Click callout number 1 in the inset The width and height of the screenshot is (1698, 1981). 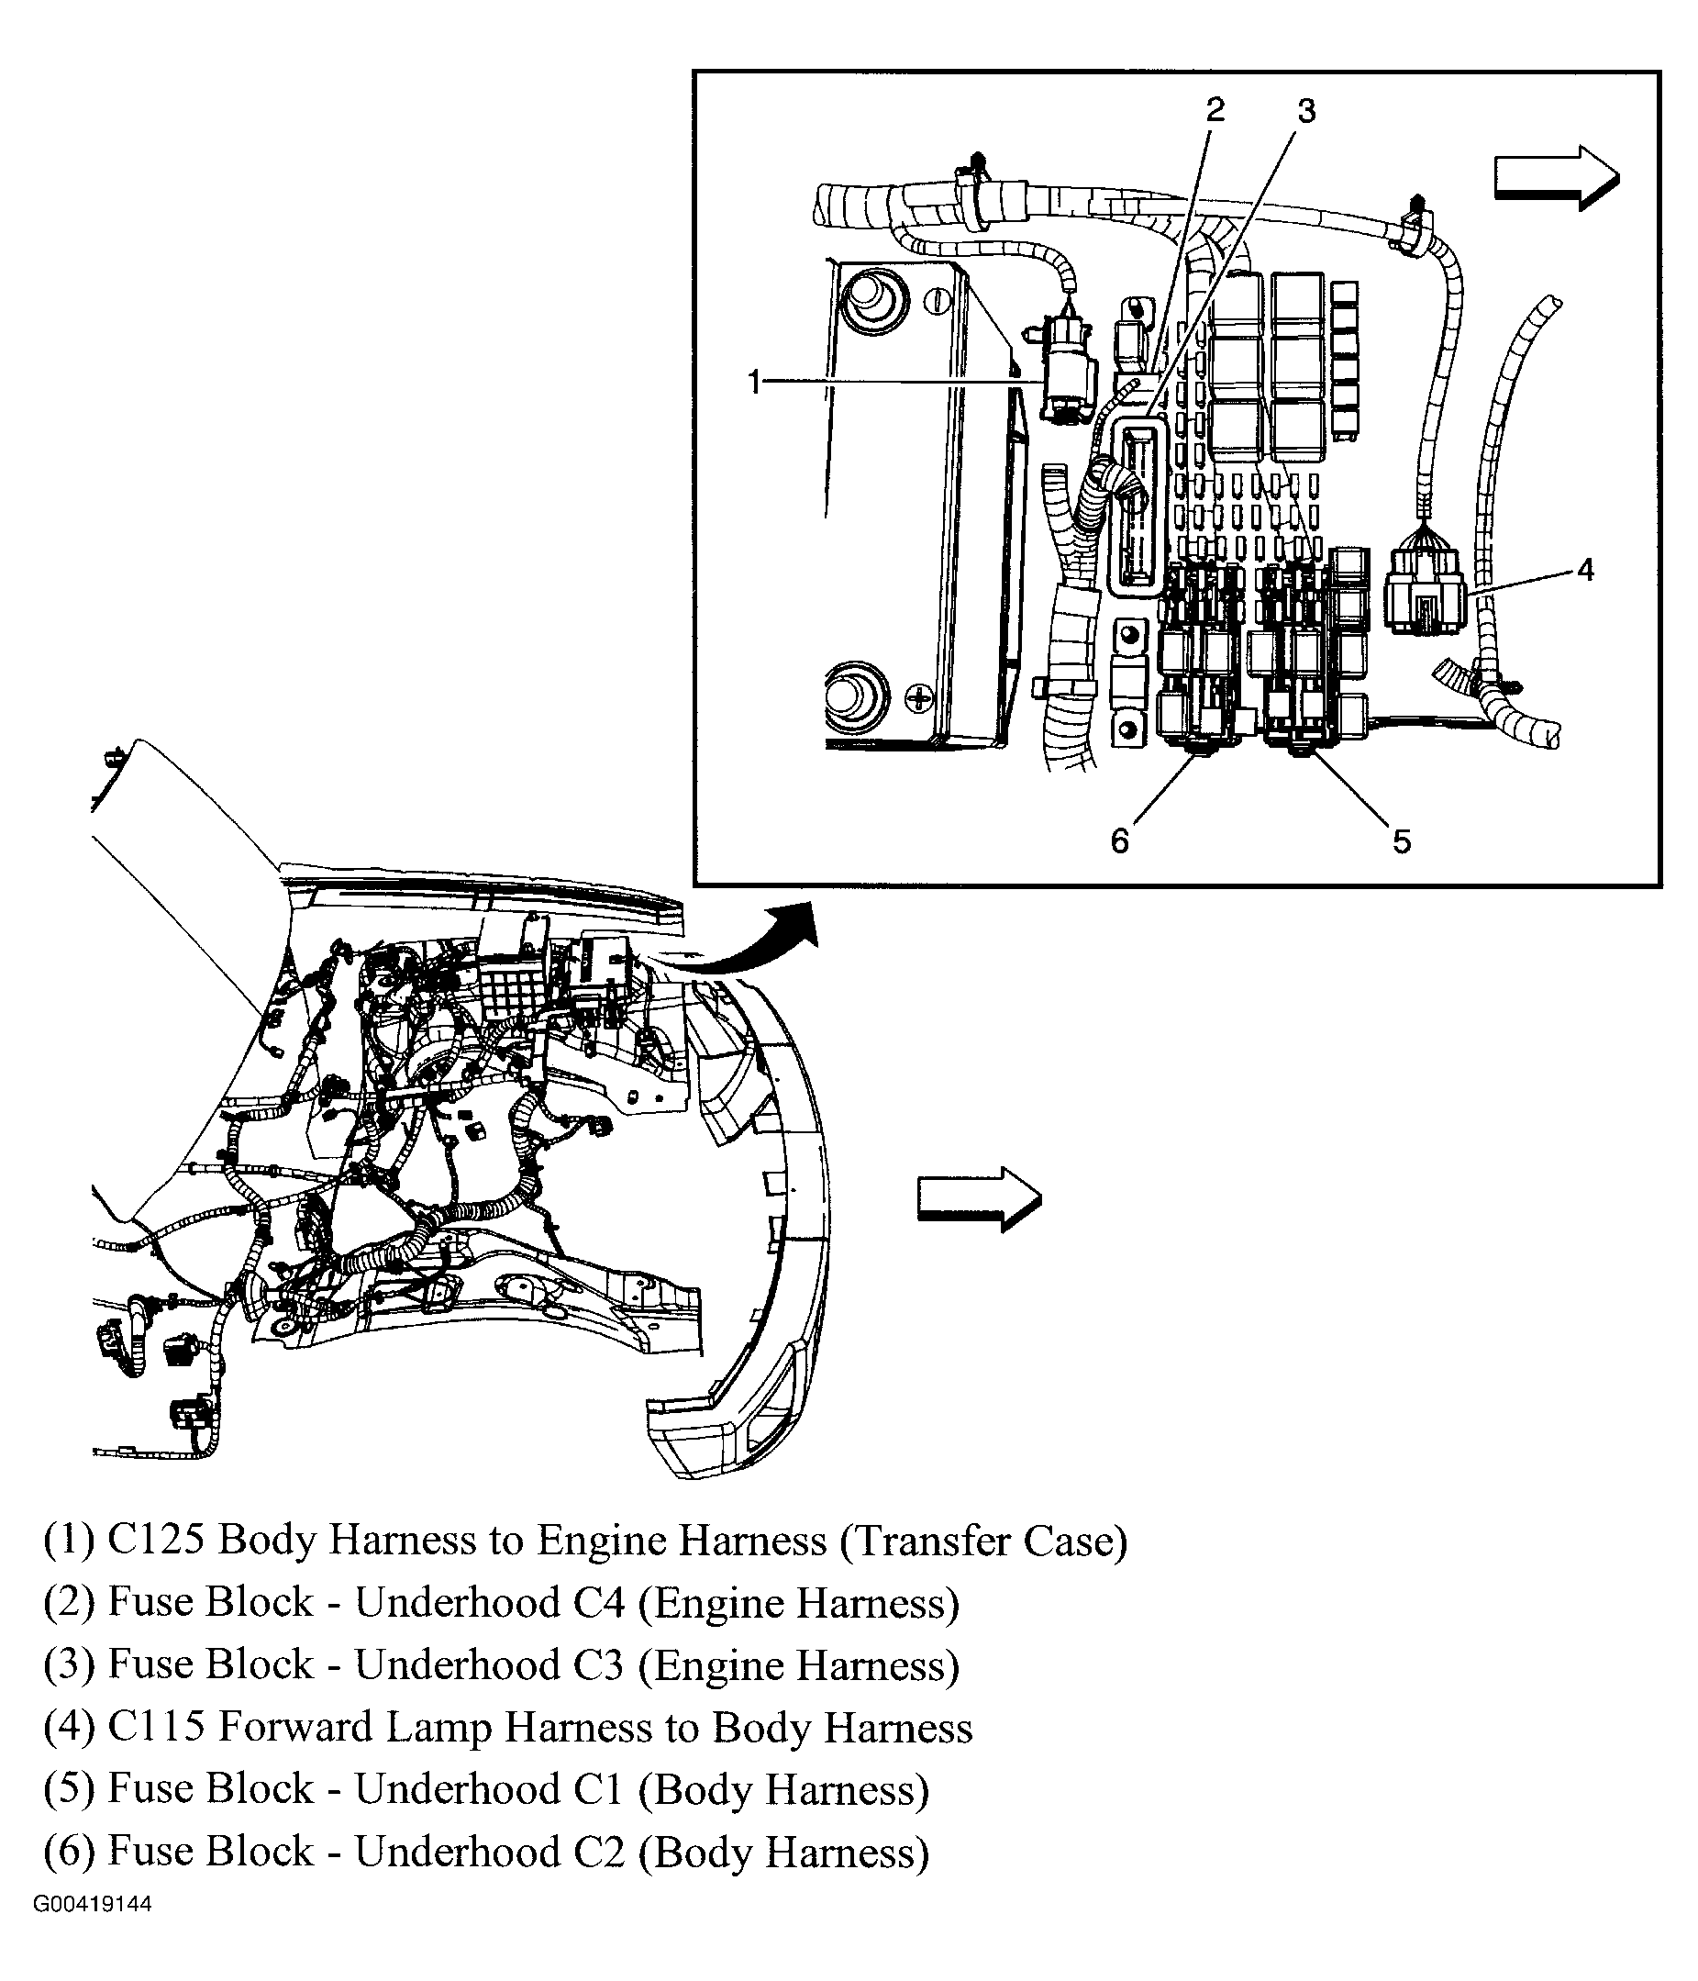coord(754,384)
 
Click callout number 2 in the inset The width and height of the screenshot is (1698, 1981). coord(1215,110)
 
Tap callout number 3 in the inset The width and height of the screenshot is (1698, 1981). coord(1306,111)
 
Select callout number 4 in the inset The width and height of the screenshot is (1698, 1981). coord(1585,571)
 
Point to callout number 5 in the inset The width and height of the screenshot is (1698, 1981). coord(1401,841)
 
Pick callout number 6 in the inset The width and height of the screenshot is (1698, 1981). coord(1119,840)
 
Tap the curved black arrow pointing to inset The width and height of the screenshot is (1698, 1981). coord(755,946)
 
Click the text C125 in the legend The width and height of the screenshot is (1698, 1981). coord(156,1541)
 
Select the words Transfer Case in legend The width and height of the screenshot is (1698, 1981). coord(983,1541)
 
